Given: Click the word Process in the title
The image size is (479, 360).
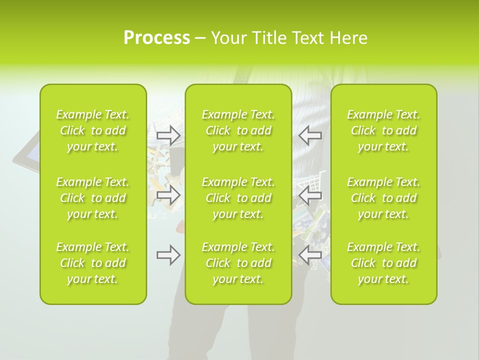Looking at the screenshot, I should [157, 38].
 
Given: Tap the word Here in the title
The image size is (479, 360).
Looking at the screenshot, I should [348, 38].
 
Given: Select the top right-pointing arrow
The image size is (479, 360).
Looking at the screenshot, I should [169, 135].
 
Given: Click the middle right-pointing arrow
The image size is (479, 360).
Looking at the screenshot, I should [169, 195].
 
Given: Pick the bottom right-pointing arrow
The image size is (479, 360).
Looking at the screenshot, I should [169, 255].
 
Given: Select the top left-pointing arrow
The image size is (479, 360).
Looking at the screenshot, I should [310, 135].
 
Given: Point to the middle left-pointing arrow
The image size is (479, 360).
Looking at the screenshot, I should [310, 195].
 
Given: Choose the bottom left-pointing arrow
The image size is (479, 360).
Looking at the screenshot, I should [310, 255].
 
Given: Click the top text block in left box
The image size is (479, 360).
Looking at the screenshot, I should [93, 130].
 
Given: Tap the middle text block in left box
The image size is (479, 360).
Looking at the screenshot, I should [93, 198].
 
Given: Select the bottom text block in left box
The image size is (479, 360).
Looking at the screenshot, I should [93, 263].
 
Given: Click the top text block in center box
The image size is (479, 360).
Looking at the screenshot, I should [239, 130].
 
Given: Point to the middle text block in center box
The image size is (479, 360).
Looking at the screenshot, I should [239, 198].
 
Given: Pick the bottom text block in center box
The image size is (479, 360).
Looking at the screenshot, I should [239, 263].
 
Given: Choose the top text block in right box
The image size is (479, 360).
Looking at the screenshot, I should [384, 130].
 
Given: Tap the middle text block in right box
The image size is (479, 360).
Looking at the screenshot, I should [384, 198].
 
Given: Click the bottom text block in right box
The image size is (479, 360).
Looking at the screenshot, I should [384, 263].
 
